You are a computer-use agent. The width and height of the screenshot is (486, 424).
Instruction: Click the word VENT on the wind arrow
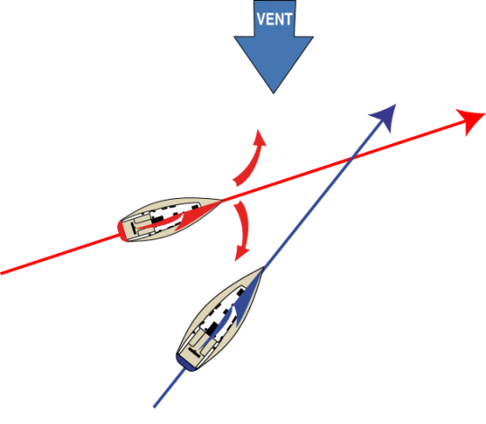[x=274, y=19]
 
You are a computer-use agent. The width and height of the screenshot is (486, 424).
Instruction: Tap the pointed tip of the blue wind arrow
[x=274, y=94]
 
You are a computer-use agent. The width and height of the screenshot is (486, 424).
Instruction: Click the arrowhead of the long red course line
[x=470, y=121]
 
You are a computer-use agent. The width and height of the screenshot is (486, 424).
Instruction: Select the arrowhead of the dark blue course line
[x=384, y=118]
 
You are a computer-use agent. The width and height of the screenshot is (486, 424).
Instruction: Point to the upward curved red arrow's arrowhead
[x=258, y=138]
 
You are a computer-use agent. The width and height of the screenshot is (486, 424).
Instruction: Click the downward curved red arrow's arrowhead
[x=241, y=253]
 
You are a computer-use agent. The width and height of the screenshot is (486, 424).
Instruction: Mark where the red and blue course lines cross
[x=352, y=159]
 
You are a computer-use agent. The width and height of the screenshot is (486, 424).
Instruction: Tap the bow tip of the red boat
[x=221, y=201]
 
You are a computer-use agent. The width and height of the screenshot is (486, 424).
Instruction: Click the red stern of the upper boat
[x=121, y=230]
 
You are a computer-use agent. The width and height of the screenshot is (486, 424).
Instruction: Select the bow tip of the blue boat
[x=263, y=267]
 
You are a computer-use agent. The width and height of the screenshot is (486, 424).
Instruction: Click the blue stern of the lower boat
[x=185, y=364]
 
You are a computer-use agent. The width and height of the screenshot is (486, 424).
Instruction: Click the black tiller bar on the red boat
[x=133, y=228]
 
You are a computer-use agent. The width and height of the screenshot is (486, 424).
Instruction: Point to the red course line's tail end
[x=1, y=274]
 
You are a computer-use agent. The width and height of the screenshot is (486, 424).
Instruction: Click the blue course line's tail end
[x=155, y=407]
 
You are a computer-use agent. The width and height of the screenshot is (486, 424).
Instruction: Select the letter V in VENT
[x=261, y=19]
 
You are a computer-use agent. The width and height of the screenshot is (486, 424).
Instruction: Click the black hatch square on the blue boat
[x=212, y=329]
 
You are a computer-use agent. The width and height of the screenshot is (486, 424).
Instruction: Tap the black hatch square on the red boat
[x=157, y=220]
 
